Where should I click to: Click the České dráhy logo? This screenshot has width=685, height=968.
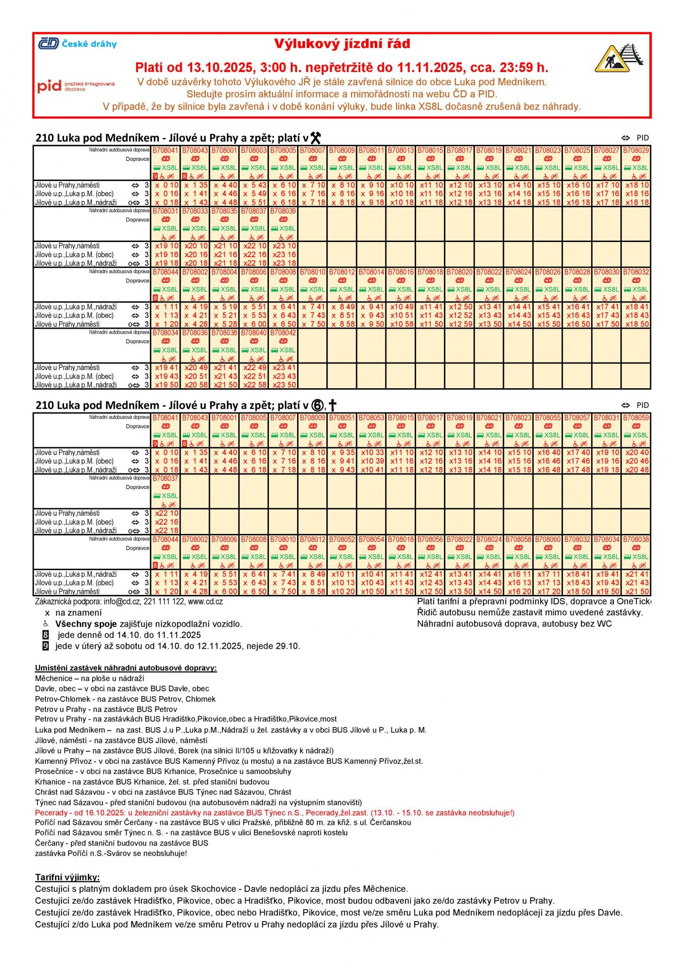pos(77,44)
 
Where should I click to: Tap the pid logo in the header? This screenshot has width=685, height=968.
pos(76,86)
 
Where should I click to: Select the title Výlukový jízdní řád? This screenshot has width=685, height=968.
pos(342,44)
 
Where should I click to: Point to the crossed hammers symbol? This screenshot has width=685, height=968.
pos(315,138)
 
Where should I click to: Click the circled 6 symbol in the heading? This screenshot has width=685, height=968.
pos(317,405)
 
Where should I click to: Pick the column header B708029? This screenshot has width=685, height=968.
pos(636,150)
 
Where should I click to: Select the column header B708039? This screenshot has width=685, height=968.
pos(283,211)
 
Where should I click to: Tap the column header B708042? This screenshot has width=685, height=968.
pos(283,333)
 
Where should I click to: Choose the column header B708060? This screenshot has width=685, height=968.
pos(548,539)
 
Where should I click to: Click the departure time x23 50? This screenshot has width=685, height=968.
pos(284,385)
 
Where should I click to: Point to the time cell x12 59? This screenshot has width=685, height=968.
pos(460,324)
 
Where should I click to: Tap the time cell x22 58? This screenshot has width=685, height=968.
pos(254,385)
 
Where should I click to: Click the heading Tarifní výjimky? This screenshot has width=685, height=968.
pos(68,877)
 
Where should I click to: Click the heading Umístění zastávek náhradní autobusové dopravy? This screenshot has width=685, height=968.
pos(126,668)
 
